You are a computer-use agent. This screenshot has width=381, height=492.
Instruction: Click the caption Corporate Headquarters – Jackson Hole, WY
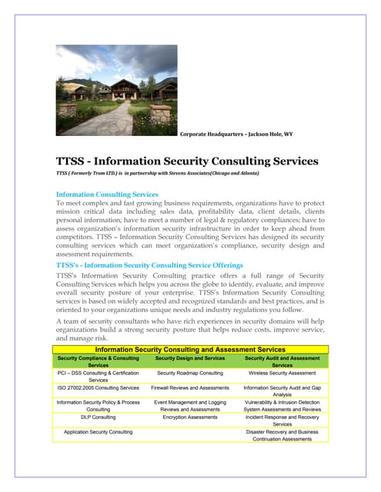point(236,135)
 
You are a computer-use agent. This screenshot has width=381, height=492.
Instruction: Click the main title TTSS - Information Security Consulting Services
point(187,161)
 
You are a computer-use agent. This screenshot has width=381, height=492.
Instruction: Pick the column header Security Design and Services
point(189,358)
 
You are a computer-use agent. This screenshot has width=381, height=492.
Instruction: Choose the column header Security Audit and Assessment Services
point(282,362)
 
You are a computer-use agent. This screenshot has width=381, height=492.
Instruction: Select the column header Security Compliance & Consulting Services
point(98,362)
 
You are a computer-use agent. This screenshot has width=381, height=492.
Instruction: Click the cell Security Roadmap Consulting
point(189,373)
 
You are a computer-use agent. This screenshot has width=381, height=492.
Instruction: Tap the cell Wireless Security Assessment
point(282,373)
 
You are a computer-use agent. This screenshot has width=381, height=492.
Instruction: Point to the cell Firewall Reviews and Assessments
point(189,388)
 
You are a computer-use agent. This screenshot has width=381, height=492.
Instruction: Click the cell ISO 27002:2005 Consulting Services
point(98,388)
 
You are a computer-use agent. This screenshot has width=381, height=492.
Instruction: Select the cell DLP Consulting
point(98,417)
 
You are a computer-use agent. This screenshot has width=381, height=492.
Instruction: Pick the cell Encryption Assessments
point(189,417)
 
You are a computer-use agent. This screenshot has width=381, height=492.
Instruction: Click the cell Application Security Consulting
point(98,432)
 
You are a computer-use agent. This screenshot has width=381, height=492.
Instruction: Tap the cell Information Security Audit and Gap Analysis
point(282,392)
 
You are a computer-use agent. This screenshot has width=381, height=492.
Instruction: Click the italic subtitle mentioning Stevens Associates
point(158,174)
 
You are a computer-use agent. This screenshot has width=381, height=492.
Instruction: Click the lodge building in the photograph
point(115,88)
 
